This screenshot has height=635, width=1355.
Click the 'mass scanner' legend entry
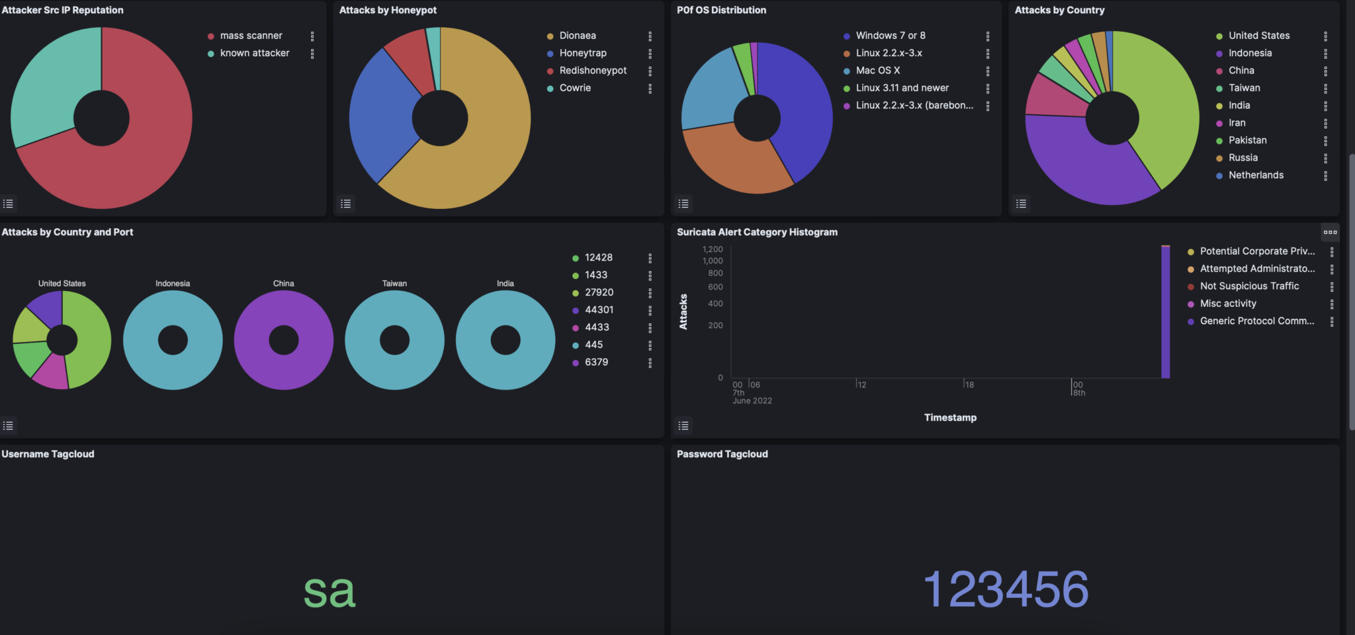[x=251, y=36]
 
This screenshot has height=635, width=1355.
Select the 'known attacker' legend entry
[x=255, y=53]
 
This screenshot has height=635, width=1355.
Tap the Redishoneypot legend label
[x=593, y=70]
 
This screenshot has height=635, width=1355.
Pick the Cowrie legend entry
[x=575, y=88]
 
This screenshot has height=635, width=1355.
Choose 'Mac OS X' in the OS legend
[x=877, y=70]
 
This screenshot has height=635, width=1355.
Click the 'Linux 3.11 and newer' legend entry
[x=902, y=88]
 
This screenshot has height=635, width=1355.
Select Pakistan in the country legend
[x=1247, y=140]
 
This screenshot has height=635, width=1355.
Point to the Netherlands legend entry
[x=1256, y=175]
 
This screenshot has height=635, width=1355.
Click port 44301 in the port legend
[x=599, y=310]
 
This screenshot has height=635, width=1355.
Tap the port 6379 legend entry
[x=596, y=362]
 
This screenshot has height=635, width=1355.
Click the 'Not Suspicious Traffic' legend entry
[x=1249, y=286]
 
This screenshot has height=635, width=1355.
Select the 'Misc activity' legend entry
[x=1228, y=304]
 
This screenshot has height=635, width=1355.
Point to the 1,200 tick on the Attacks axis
[x=713, y=249]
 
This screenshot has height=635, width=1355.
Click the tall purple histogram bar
[x=1165, y=311]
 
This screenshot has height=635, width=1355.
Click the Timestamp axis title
[x=950, y=417]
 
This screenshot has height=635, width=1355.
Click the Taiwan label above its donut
[x=394, y=283]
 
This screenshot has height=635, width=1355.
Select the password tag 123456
[x=1006, y=589]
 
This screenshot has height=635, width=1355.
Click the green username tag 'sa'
[x=329, y=591]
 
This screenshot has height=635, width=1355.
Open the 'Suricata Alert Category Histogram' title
[x=757, y=232]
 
